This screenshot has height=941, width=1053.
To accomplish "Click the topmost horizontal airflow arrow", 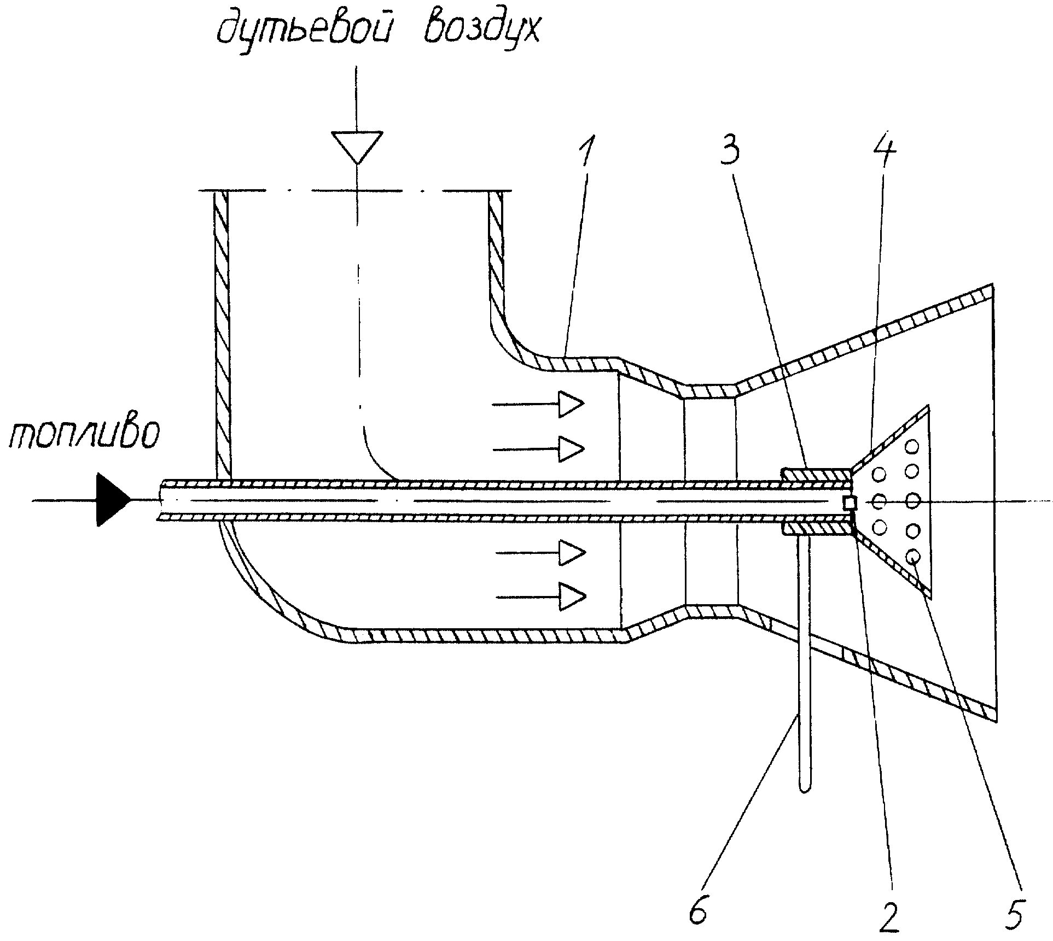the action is [538, 405].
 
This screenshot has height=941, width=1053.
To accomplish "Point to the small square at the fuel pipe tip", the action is [850, 502].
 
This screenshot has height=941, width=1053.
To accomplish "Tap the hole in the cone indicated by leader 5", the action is [913, 557].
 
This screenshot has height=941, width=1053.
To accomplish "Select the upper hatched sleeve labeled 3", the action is [816, 474].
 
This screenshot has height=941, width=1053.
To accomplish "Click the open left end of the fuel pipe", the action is [160, 500].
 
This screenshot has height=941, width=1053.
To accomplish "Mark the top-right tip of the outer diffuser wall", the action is [991, 287].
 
